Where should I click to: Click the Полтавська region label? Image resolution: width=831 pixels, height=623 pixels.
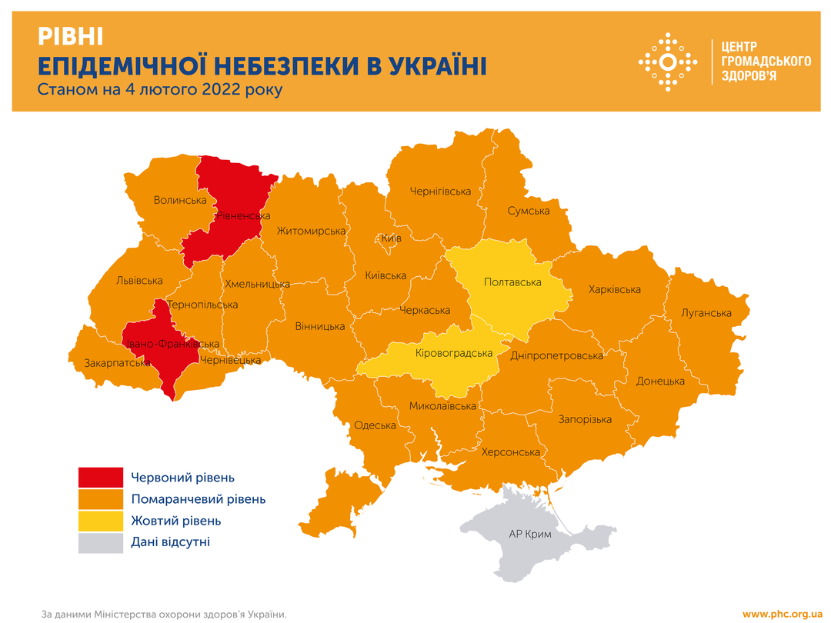coord(512,282)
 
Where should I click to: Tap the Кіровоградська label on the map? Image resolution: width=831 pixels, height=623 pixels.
coord(453,353)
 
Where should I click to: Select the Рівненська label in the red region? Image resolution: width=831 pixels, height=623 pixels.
coord(239,216)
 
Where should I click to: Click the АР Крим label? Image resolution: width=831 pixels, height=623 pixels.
coord(530,533)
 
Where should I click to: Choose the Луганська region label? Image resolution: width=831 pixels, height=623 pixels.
coord(706,313)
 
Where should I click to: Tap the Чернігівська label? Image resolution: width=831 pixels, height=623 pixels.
coord(440,191)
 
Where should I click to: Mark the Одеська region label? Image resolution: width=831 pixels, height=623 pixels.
coord(375,425)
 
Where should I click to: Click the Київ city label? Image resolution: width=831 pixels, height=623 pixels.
coord(392,238)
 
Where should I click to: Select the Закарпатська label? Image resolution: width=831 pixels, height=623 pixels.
coord(117,362)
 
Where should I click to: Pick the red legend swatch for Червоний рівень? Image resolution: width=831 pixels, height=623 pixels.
coord(101,478)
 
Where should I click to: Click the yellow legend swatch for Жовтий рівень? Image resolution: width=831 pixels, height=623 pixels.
coord(101,521)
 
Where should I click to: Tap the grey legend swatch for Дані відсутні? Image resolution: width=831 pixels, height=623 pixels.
coord(101,542)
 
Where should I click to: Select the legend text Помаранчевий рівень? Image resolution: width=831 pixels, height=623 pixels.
coord(199,499)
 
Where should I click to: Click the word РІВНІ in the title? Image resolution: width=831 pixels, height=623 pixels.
coord(70,35)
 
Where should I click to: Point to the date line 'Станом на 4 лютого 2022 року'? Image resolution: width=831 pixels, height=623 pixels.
coord(160,90)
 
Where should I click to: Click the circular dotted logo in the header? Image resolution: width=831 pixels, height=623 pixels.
coord(669,62)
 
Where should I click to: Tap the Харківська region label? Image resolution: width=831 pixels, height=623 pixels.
coord(615,290)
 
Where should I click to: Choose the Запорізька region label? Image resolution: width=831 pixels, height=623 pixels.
coord(585,419)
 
